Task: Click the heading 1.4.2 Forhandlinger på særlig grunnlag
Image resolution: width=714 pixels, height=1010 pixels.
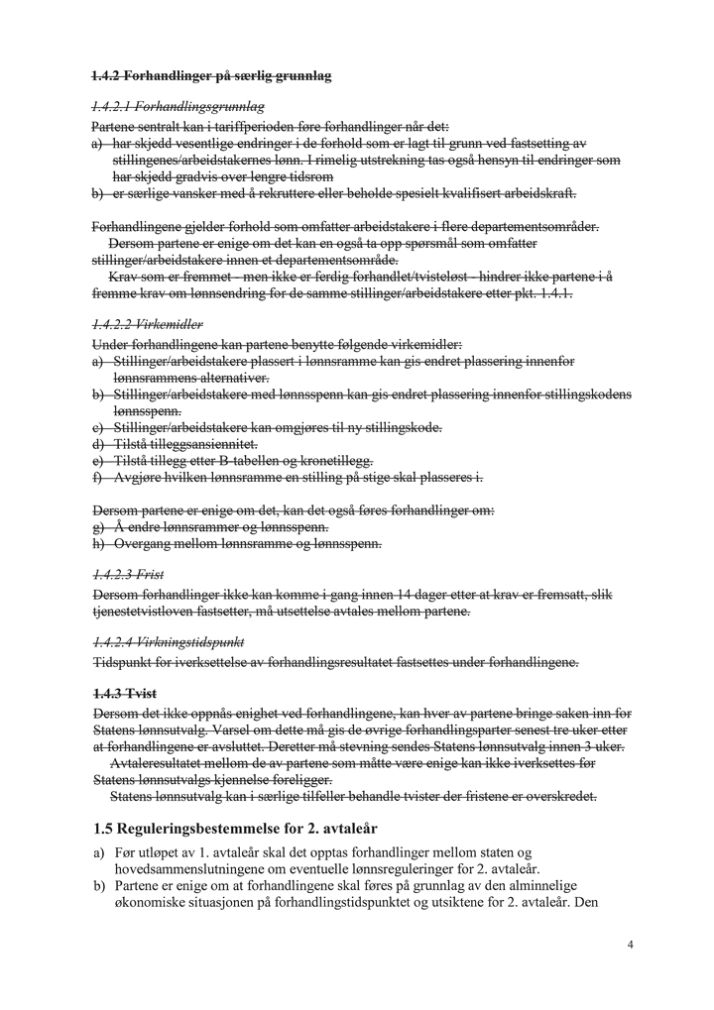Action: (x=211, y=75)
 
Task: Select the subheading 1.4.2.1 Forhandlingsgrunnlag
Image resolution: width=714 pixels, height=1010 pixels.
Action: (x=178, y=106)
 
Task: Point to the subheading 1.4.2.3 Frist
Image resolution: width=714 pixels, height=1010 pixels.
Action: (x=128, y=574)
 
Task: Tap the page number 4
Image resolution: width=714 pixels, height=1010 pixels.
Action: (x=631, y=945)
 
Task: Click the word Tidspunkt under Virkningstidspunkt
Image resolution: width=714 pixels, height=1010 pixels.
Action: (x=124, y=661)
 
